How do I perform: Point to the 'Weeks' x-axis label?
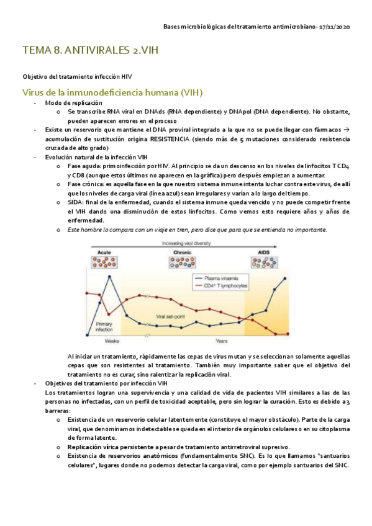[112, 341]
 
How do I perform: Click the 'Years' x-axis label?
[220, 341]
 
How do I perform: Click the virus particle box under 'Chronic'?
[181, 264]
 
